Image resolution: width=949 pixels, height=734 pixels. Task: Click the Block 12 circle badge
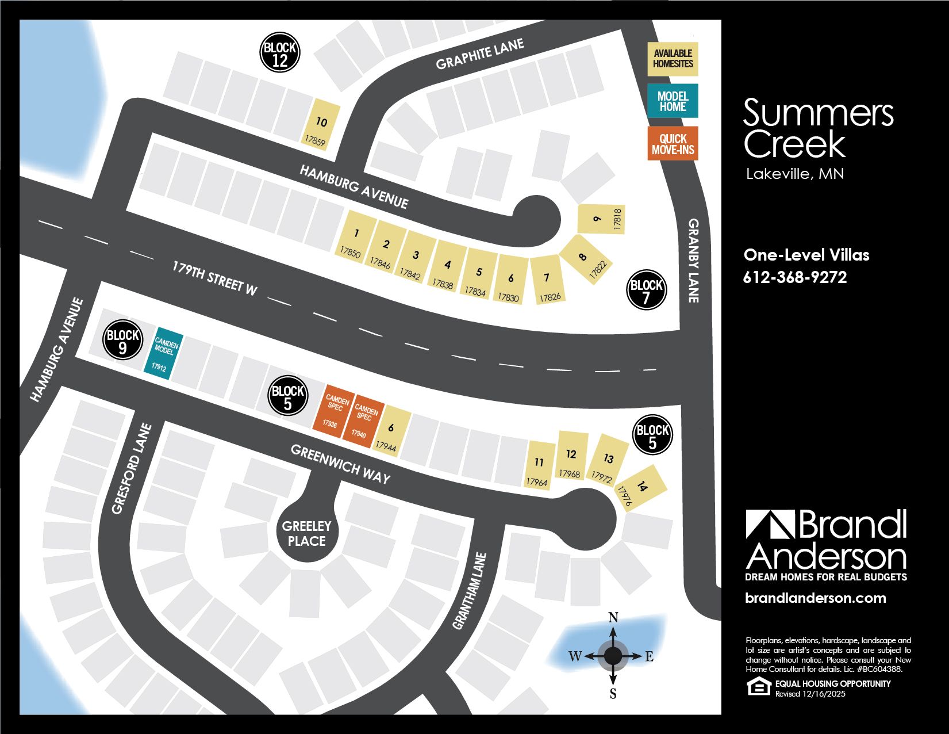point(280,53)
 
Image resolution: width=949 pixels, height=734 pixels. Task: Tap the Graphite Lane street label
point(479,54)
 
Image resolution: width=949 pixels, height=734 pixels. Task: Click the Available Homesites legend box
point(673,59)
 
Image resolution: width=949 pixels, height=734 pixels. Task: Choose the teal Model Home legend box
point(673,101)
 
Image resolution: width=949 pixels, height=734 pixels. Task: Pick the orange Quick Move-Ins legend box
point(673,144)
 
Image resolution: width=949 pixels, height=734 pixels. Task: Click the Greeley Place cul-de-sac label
point(306,533)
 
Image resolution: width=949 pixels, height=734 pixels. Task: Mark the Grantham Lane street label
point(470,591)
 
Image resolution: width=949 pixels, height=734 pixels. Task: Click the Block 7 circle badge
point(646,290)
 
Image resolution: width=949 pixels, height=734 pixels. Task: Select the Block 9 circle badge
point(122,341)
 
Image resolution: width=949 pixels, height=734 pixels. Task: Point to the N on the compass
point(613,618)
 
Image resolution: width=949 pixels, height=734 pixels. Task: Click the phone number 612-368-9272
point(795,277)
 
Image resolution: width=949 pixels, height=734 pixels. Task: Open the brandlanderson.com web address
point(815,598)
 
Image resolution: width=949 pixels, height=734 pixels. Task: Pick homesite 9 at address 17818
point(601,219)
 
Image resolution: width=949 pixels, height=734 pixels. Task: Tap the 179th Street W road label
point(214,278)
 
